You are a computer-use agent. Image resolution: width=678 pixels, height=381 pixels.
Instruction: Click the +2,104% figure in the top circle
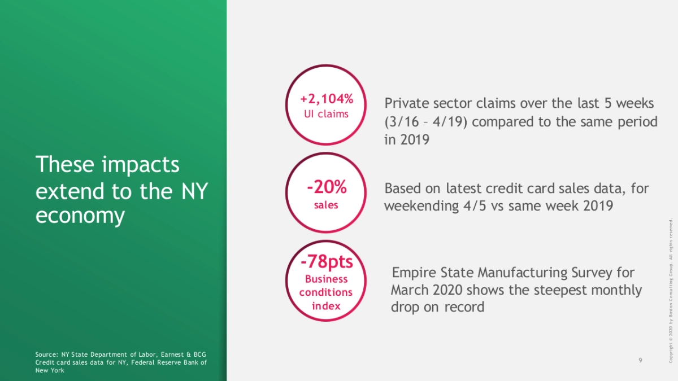(327, 99)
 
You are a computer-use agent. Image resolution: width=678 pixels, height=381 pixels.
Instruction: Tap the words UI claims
(327, 114)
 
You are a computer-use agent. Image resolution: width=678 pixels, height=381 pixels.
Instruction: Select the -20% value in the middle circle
(327, 187)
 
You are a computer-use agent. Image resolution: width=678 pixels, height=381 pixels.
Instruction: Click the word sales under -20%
(326, 205)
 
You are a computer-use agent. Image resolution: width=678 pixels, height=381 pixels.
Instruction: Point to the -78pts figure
(327, 262)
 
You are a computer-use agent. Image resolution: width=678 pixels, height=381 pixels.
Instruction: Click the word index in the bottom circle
(327, 306)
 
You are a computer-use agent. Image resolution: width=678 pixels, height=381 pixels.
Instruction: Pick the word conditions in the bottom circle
(326, 292)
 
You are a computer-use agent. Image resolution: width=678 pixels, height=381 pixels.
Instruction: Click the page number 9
(640, 360)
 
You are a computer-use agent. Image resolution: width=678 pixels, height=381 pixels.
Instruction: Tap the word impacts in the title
(141, 165)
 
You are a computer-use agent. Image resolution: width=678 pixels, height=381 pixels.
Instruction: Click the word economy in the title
(80, 216)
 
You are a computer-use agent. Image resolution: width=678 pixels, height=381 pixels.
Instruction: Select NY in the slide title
(194, 191)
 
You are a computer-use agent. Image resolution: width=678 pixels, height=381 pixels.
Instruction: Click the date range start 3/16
(402, 122)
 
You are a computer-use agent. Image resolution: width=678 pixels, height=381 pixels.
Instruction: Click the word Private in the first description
(407, 103)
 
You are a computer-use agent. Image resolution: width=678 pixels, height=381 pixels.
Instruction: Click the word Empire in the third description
(414, 273)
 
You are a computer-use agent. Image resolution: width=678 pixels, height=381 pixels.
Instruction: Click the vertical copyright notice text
(671, 291)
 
